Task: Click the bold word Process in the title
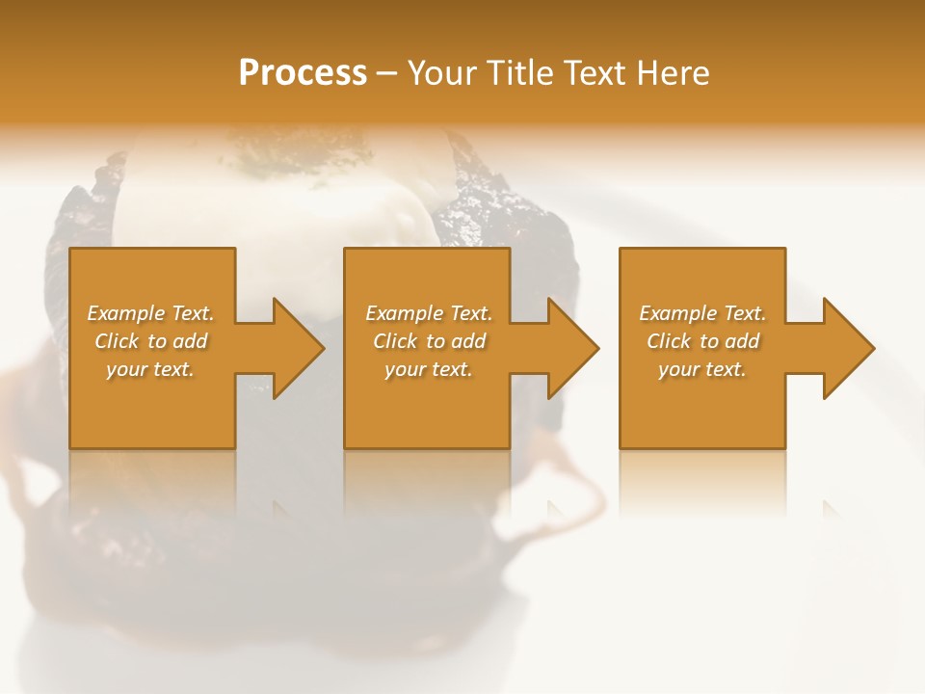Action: [303, 72]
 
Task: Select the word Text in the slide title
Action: [596, 72]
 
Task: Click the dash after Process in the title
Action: [387, 73]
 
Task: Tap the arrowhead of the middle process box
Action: [571, 348]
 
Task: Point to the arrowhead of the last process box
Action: [847, 348]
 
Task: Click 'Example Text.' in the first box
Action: [150, 313]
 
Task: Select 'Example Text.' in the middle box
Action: [429, 313]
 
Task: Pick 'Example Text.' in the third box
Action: [702, 313]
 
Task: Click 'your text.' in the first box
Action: [150, 369]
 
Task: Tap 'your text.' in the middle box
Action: [429, 369]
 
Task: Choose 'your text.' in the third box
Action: [702, 369]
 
